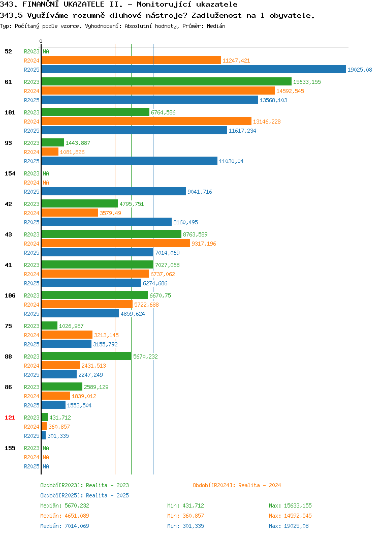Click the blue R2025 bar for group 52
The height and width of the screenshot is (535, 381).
click(x=194, y=69)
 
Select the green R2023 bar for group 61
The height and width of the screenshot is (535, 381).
click(x=167, y=81)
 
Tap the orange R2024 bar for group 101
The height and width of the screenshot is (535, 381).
click(x=146, y=121)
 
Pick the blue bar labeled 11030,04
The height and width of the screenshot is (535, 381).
click(x=130, y=161)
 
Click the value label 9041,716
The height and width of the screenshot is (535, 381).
click(x=200, y=192)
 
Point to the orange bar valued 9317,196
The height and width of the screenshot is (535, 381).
click(x=116, y=243)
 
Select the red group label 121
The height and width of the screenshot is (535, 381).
click(x=10, y=418)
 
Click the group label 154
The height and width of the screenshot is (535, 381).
click(x=10, y=173)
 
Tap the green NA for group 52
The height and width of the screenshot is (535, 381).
click(x=46, y=51)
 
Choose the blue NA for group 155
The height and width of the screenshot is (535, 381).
click(x=46, y=466)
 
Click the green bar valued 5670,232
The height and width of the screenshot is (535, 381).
click(x=86, y=356)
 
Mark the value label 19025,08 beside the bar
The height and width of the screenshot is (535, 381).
click(x=360, y=70)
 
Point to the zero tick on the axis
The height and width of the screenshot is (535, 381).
click(x=41, y=41)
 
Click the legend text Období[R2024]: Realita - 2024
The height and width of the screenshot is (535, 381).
click(x=237, y=485)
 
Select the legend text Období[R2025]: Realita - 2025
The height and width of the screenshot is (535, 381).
click(x=84, y=495)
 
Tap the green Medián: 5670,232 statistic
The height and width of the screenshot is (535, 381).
click(x=65, y=506)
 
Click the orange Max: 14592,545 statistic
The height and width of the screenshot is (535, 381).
click(x=291, y=516)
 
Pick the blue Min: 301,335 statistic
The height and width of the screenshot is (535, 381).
click(x=186, y=526)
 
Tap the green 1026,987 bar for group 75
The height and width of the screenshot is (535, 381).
click(x=49, y=325)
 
